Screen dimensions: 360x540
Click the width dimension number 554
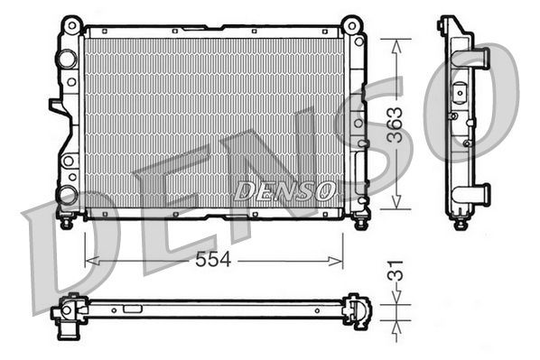(214, 260)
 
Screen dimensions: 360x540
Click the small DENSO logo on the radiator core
(284, 191)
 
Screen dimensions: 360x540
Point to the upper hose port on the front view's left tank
(64, 60)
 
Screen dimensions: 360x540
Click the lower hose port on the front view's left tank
(66, 193)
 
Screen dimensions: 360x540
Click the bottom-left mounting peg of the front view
(66, 219)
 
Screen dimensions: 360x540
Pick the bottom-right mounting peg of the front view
(359, 219)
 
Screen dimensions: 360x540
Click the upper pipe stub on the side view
(478, 57)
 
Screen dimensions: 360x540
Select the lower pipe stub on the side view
(478, 192)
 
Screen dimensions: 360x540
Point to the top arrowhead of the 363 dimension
(394, 43)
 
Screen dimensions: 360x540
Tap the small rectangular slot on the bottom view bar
(133, 308)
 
